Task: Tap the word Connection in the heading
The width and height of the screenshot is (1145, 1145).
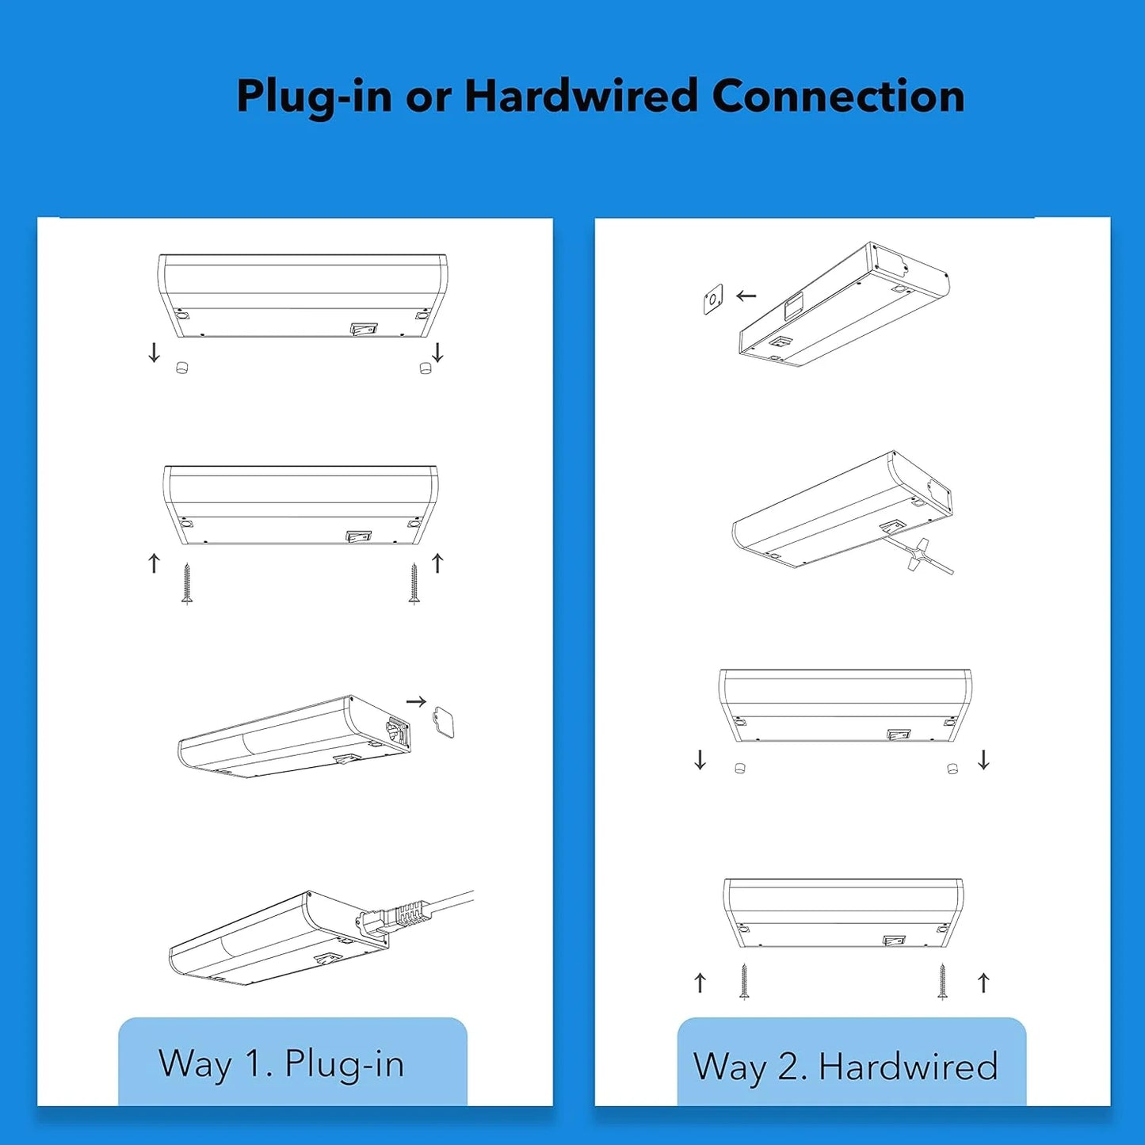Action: point(838,97)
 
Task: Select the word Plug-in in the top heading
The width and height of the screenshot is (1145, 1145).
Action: point(314,97)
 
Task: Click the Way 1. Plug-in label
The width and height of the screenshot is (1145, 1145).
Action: point(282,1063)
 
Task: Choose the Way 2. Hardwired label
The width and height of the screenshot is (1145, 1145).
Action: point(845,1067)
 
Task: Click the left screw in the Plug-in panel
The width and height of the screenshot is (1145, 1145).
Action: point(187,584)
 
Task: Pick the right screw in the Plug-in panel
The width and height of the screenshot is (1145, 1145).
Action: point(414,584)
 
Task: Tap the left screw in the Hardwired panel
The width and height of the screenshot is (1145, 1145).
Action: point(743,981)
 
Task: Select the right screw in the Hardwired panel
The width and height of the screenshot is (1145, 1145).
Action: point(942,981)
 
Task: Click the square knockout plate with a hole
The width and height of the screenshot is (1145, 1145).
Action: point(713,299)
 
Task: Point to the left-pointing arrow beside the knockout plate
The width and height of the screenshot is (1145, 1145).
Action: point(746,296)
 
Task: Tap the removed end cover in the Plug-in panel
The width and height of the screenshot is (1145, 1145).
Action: point(444,723)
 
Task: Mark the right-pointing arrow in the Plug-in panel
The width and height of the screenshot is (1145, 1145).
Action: point(416,701)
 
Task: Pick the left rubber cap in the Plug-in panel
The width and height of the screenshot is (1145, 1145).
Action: point(181,367)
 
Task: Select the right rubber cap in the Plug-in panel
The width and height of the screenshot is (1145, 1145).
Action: point(426,368)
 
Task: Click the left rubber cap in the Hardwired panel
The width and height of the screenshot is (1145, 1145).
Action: point(740,768)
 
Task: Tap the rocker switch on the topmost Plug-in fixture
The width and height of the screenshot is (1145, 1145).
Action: point(363,327)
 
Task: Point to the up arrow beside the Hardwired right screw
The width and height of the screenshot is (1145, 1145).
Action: point(983,983)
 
